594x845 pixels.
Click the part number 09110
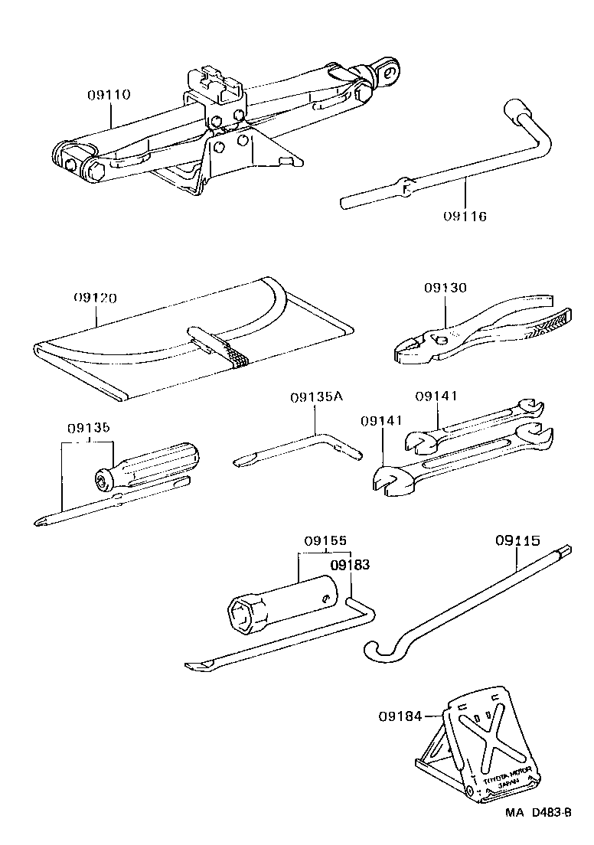click(x=108, y=96)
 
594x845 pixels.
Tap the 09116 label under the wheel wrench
click(x=465, y=216)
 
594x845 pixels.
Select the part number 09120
click(x=95, y=297)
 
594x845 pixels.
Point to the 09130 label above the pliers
click(x=445, y=288)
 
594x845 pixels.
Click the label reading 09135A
click(x=317, y=397)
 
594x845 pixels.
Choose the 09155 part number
click(x=322, y=540)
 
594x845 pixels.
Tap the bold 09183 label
click(x=349, y=565)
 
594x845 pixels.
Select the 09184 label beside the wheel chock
click(x=399, y=716)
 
